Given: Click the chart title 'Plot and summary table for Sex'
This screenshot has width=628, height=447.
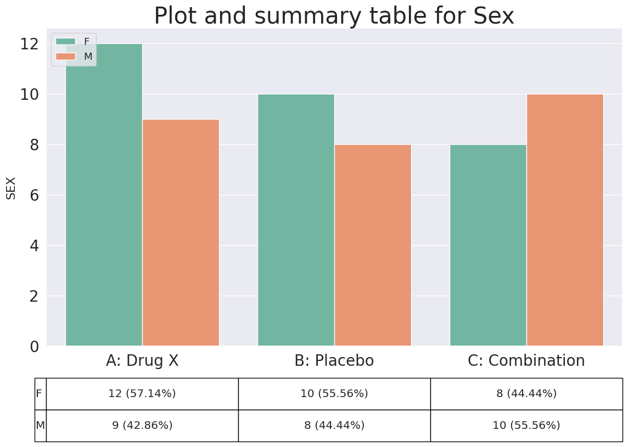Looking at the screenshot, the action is (334, 15).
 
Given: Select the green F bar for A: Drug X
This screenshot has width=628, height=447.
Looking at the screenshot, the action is (104, 195).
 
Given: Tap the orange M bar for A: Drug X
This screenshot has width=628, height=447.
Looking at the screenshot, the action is (181, 233).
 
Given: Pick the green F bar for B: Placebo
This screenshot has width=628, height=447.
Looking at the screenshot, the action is (296, 220).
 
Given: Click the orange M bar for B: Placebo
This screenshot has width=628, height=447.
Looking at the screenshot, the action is (373, 245).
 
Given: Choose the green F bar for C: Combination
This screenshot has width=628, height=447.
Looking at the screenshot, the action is (488, 245).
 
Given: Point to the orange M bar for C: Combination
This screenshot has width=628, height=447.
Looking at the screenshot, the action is (565, 220).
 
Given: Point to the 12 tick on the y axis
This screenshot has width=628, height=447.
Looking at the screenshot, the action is (30, 44).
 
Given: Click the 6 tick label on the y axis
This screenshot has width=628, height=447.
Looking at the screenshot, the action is (35, 195).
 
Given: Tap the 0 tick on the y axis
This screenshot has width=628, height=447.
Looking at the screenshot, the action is (35, 347).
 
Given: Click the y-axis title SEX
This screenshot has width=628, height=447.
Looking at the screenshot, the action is (11, 188).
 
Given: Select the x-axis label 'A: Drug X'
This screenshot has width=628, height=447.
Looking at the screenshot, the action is (142, 360).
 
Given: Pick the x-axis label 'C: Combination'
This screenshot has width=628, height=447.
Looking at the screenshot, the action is (526, 360).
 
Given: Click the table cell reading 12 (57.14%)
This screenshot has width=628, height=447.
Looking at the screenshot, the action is (142, 394).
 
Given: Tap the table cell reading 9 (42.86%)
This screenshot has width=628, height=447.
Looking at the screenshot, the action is (142, 426).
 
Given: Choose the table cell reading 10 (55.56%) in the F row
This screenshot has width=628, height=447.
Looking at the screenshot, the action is (334, 394).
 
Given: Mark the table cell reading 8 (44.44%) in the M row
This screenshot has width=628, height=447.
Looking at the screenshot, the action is (334, 426).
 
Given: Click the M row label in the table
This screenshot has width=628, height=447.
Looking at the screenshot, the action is (41, 426).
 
